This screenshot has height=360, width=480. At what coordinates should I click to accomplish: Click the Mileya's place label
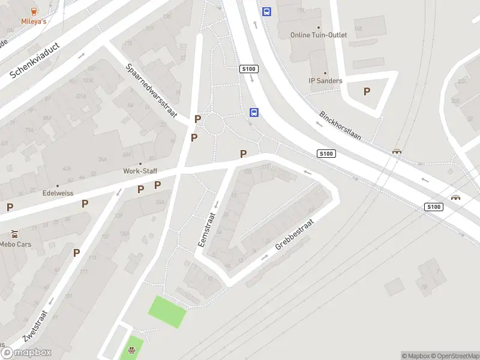tap(34, 22)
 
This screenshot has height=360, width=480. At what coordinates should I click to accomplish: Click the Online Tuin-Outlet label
tap(319, 35)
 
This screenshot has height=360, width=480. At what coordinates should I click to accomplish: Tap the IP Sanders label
tap(325, 81)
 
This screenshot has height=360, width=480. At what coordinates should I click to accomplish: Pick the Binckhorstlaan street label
tap(340, 125)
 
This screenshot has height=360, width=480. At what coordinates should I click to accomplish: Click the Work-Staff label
tap(140, 171)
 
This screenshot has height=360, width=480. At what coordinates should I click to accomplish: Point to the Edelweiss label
tap(58, 194)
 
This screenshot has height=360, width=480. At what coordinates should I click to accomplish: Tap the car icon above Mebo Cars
tap(14, 234)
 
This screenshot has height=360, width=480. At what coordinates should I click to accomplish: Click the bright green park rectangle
tap(168, 312)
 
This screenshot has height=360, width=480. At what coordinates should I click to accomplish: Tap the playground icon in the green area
tap(131, 350)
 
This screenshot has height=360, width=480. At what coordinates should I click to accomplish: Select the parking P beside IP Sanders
tap(367, 91)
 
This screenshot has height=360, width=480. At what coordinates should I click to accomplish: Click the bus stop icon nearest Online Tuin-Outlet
tap(266, 11)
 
